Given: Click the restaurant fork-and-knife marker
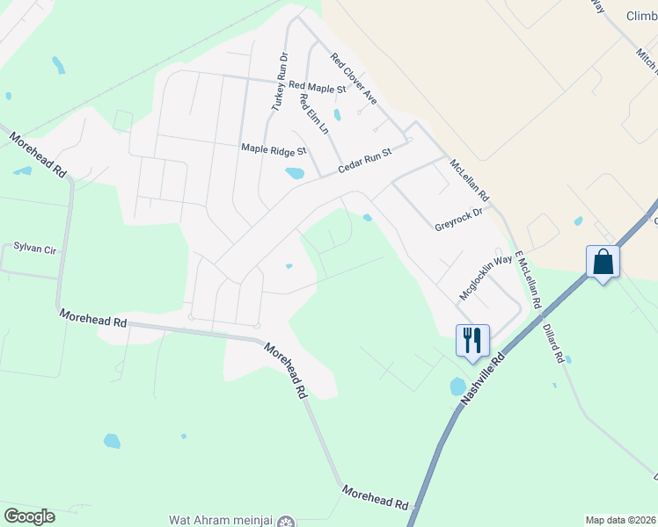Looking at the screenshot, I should coord(472,340).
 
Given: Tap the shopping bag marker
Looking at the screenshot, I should coord(603,262).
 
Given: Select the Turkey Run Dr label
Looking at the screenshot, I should coord(278,80).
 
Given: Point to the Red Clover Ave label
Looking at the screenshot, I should coord(354,78).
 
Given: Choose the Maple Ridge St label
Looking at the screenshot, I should coord(274,149).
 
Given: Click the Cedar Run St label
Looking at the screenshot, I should coord(364,161).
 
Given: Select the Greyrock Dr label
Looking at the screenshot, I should coord(459,220).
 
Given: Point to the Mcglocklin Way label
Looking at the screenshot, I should coord(486,276).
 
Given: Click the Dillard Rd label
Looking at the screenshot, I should coord(552,343).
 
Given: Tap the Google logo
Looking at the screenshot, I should coord(29,516).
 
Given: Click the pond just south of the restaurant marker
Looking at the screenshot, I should coord(457,386).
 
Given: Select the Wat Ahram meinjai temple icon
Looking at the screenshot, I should coord(285,521).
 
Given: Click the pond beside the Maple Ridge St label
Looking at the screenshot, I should coord(295,173).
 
